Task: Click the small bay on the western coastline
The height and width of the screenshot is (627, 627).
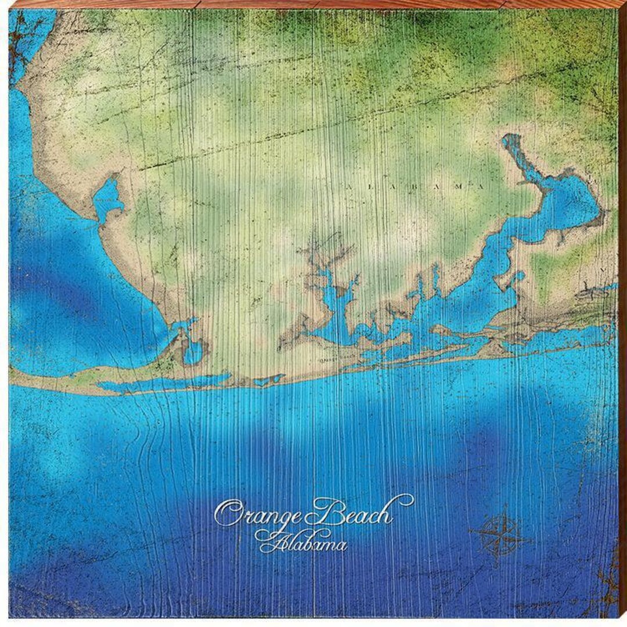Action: click(x=108, y=197)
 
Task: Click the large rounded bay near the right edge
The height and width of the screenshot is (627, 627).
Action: click(x=572, y=200)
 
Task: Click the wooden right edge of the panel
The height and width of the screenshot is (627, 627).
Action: click(x=622, y=313)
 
